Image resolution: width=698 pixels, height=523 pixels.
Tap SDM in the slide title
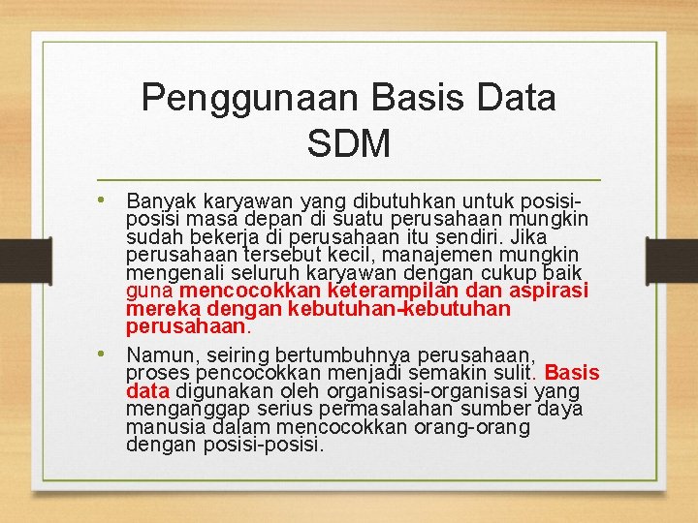348,143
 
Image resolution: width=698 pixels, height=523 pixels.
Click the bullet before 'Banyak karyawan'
113,200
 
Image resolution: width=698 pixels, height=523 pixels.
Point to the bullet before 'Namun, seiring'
113,354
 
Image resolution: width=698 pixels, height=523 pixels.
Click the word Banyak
160,201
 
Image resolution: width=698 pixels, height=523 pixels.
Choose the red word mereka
158,310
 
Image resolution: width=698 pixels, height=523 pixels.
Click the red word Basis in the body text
572,373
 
